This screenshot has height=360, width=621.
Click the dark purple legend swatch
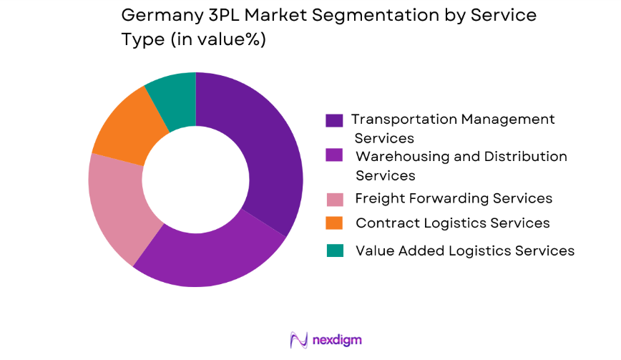(334, 120)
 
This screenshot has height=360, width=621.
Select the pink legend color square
(334, 198)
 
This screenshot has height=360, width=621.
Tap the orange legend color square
(334, 223)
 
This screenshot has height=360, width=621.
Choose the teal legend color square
(334, 250)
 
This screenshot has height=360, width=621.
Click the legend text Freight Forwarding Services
(454, 198)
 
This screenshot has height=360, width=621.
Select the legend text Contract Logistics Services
(452, 223)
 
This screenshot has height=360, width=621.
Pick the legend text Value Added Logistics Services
(465, 250)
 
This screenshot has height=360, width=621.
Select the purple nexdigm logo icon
(298, 339)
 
